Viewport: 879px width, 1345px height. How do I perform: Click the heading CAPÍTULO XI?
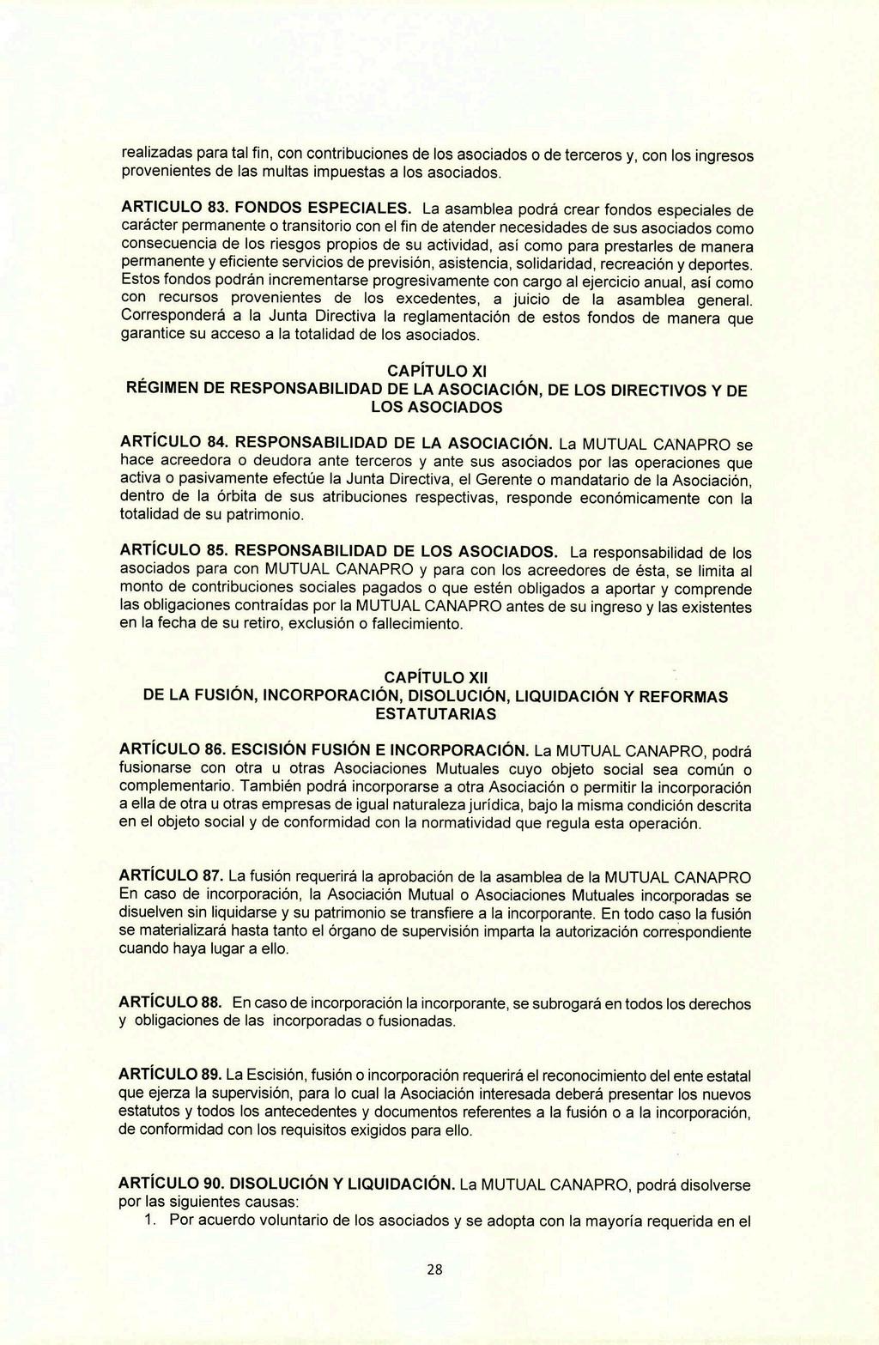(437, 372)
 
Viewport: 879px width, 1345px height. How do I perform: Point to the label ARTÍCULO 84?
(173, 443)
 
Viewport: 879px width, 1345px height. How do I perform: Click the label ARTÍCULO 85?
(173, 550)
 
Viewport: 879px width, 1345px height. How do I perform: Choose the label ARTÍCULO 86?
(173, 750)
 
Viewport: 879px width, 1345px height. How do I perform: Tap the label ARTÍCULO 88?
(171, 1003)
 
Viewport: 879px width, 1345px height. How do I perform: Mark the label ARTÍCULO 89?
(171, 1075)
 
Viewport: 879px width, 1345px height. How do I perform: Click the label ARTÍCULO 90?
(173, 1184)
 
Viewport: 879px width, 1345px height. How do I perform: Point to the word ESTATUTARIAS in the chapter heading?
(435, 714)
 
